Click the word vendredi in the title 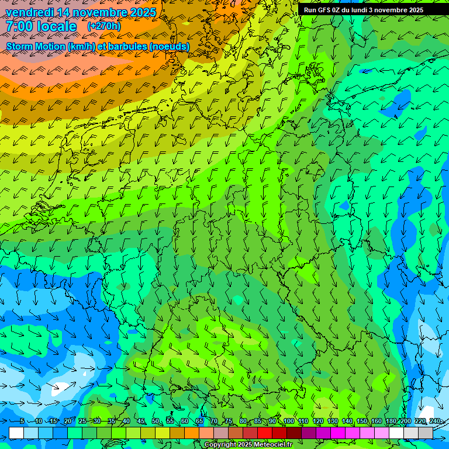(30, 12)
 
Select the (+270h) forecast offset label (104, 26)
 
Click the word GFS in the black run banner (326, 10)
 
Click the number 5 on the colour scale (22, 422)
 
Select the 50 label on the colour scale (155, 422)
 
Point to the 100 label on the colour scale (289, 422)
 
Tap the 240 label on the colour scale (435, 422)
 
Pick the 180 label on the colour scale (391, 422)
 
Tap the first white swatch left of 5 (16, 433)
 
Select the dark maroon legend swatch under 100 (294, 433)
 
